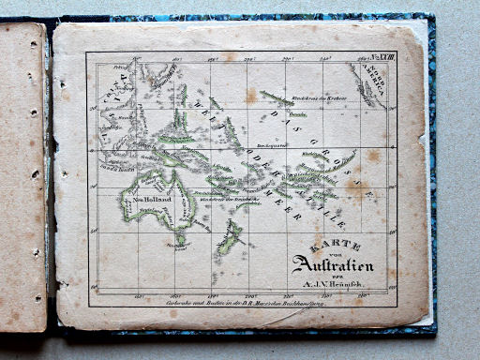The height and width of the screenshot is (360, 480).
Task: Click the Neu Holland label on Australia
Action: pos(151,198)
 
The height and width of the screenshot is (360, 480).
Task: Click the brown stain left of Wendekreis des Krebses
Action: pos(252,96)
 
